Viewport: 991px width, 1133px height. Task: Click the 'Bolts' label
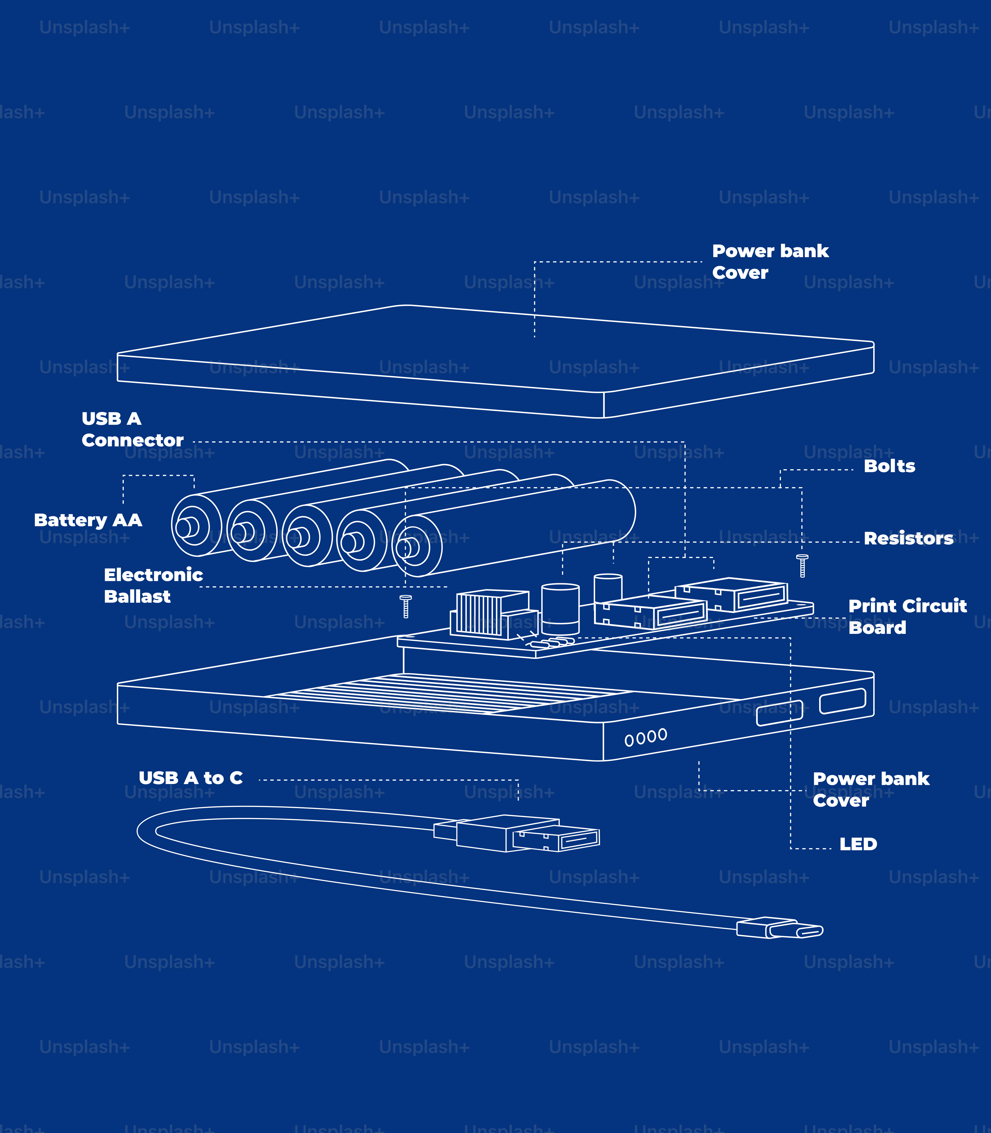coord(889,466)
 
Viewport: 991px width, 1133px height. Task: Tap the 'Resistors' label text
coord(908,538)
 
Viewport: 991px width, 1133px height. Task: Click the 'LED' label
coord(858,844)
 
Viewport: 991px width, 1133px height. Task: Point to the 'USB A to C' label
coord(190,778)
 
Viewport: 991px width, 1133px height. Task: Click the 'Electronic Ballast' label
coord(153,585)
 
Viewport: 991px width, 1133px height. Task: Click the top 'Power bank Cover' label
coord(770,262)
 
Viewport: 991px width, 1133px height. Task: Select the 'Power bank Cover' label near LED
coord(870,789)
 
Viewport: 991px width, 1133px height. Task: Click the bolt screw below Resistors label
coord(802,565)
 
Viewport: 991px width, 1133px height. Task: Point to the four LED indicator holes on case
coord(645,737)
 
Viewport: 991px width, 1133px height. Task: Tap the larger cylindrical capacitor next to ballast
coord(560,608)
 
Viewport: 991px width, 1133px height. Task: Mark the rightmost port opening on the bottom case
coord(842,701)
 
